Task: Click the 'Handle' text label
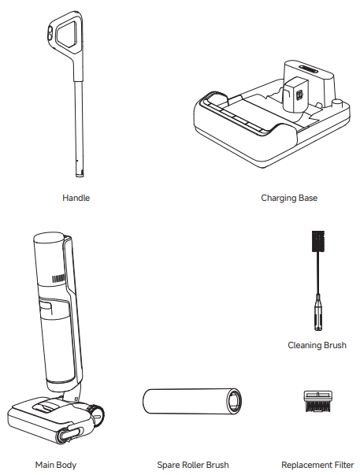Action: pos(76,198)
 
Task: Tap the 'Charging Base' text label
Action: pos(289,198)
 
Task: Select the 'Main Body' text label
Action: pos(56,465)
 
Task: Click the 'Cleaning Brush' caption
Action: pos(317,345)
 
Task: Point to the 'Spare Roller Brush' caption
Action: pos(193,465)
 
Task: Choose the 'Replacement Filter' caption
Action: pos(317,465)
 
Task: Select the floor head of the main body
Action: pos(47,419)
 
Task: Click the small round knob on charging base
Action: pos(340,102)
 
